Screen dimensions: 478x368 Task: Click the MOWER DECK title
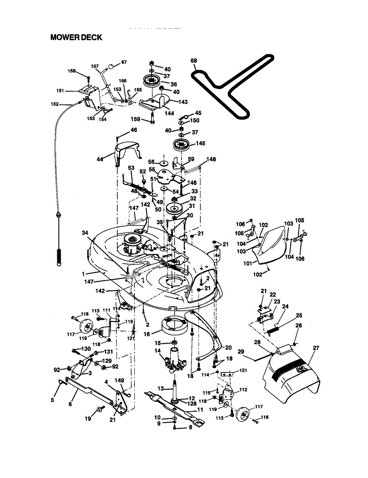76,37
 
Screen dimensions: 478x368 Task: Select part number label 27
316,348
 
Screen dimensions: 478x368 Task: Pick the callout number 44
99,159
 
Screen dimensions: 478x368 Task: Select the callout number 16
147,334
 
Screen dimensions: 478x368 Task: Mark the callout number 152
54,104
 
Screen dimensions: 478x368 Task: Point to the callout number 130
86,349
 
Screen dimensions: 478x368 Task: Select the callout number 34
85,232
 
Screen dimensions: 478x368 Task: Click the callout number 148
211,159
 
